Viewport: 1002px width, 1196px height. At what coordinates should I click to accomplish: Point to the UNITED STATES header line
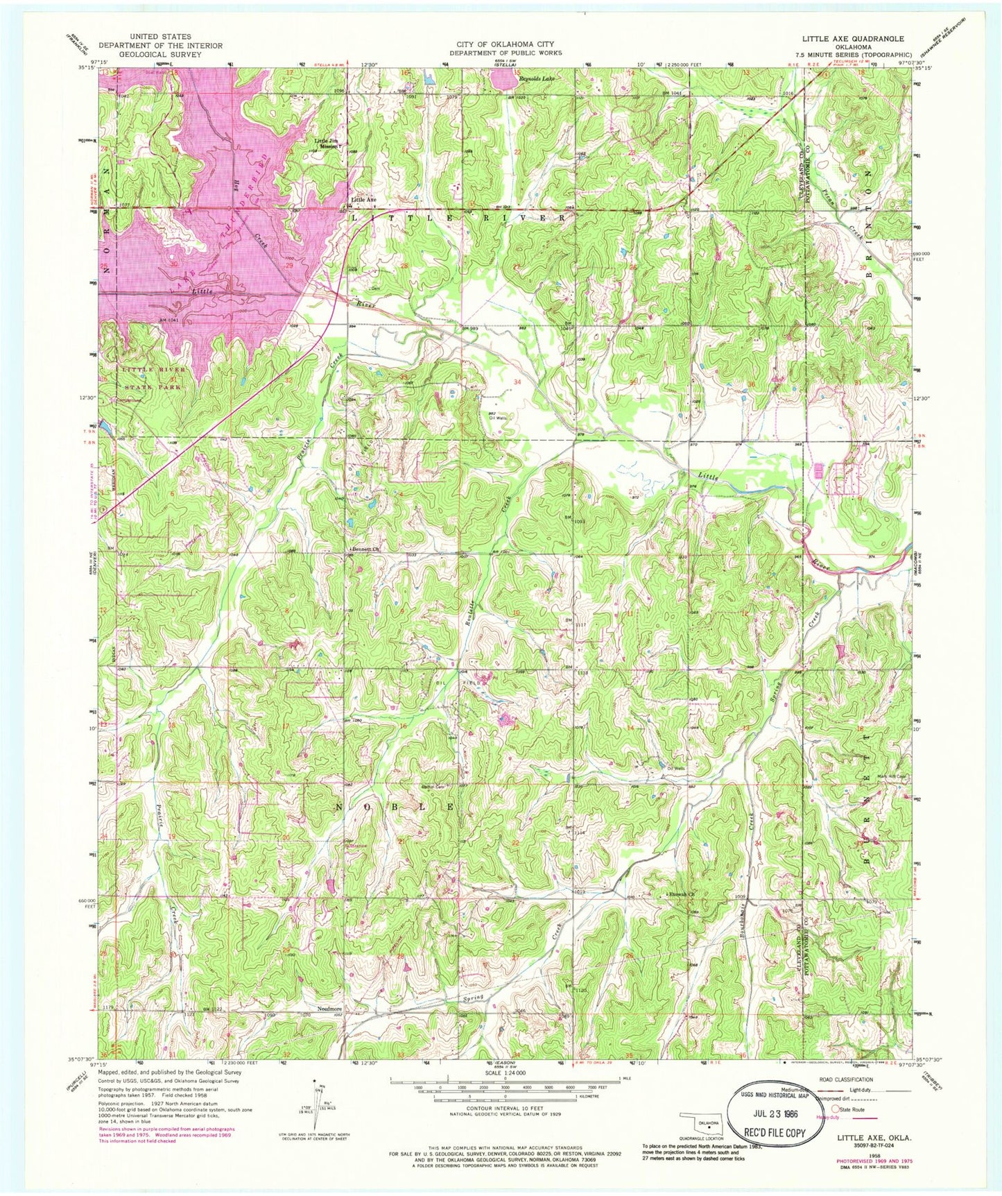click(160, 37)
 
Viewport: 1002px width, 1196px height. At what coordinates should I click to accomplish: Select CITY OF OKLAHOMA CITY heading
click(505, 44)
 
